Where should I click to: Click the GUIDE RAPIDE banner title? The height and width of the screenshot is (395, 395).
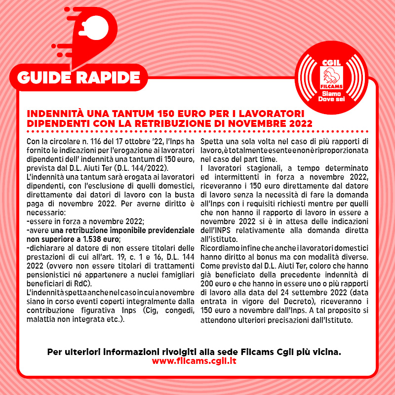pos(79,78)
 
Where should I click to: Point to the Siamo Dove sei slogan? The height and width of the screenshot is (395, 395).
pos(332,96)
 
